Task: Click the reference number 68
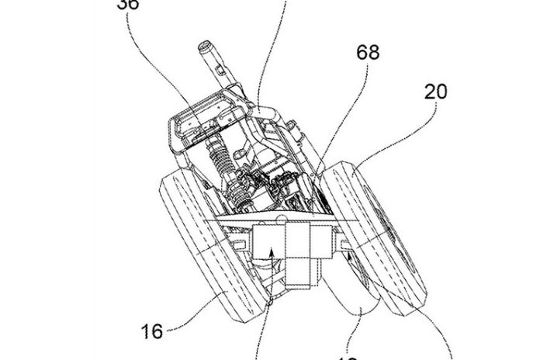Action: pos(367,54)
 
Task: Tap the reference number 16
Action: pos(153,332)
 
